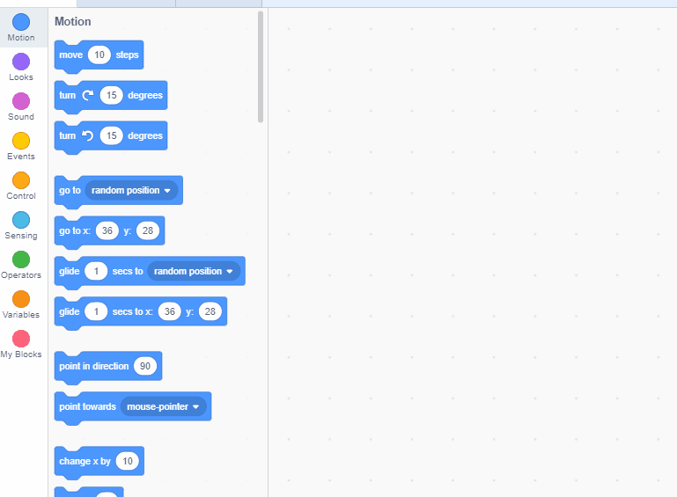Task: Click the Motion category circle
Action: (21, 22)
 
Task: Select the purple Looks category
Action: (21, 62)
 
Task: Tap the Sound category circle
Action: (21, 101)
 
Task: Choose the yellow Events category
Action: (21, 141)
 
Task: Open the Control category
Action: (21, 180)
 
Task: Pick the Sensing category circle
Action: (21, 220)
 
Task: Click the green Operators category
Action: (21, 259)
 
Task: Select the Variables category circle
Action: (21, 299)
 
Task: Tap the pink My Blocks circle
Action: (21, 339)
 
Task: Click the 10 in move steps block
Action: (99, 55)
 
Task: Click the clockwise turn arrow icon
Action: (87, 95)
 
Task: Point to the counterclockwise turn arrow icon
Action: (87, 135)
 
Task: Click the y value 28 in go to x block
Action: (147, 230)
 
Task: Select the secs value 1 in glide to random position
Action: (96, 271)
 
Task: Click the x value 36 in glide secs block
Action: (170, 311)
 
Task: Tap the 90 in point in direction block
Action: (145, 366)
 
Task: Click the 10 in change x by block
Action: (128, 461)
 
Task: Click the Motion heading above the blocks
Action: (72, 21)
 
